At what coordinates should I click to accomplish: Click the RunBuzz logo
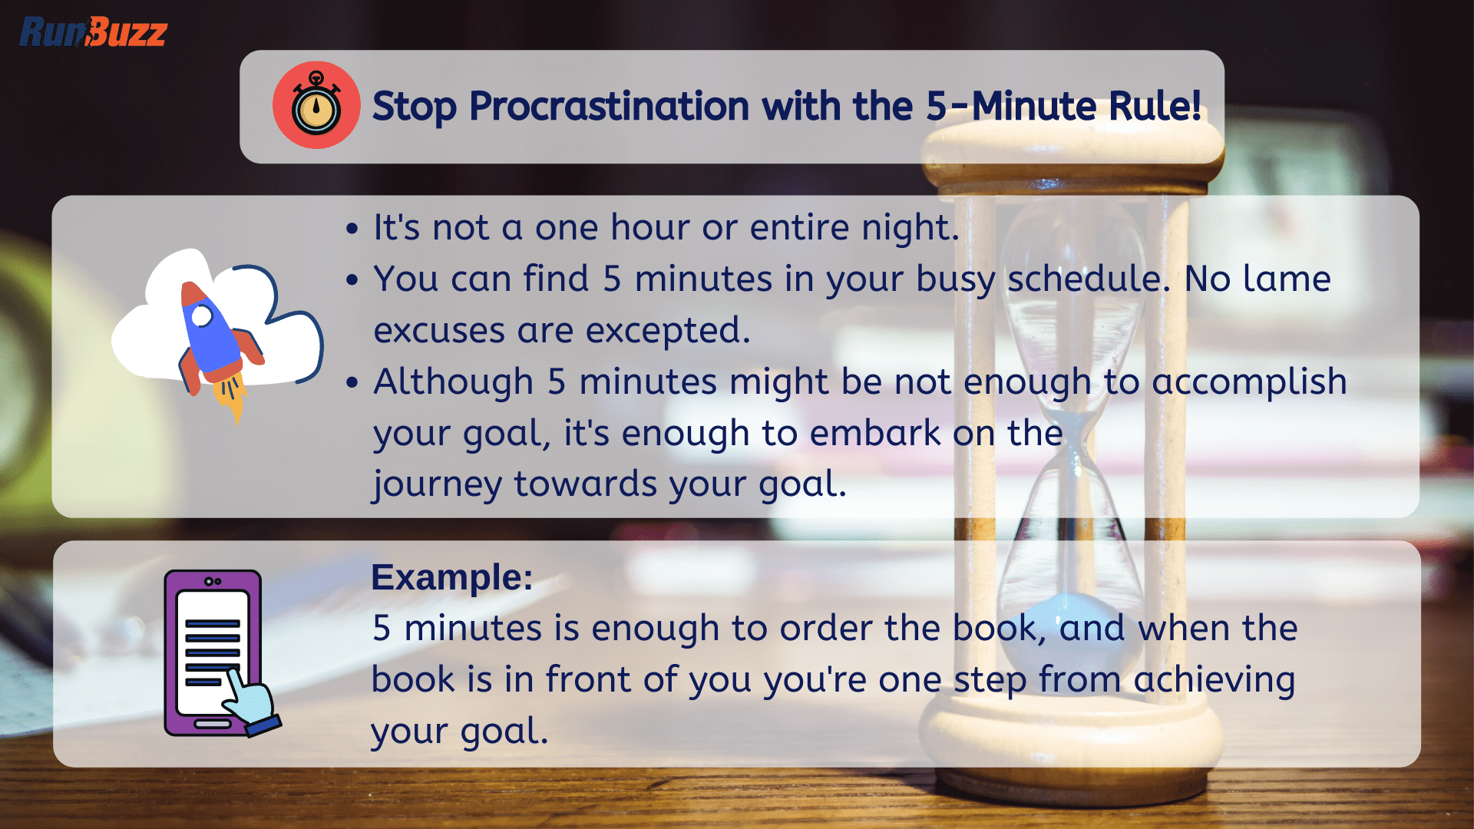93,32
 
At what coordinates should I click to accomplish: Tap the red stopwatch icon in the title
316,105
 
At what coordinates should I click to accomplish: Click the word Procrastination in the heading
609,106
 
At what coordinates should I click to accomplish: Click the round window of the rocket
202,315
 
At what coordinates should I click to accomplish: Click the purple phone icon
213,652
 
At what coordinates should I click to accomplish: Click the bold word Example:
452,577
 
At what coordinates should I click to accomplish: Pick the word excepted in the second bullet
668,331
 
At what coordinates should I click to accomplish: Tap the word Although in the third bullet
453,382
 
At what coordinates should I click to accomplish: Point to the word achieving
1215,680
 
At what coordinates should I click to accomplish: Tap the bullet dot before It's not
352,229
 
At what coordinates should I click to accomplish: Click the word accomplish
1249,382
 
